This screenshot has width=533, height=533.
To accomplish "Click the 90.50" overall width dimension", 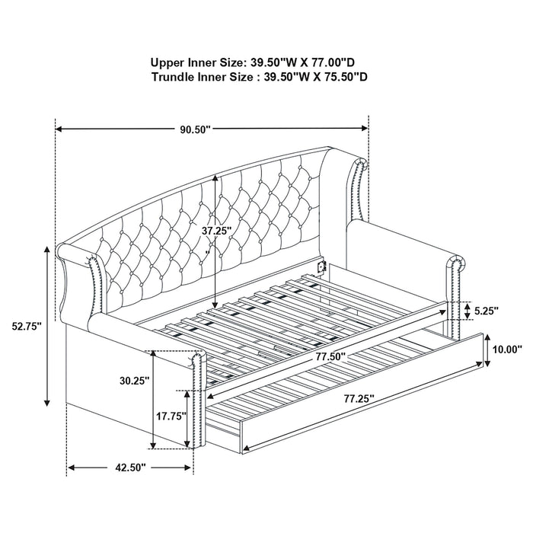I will [x=195, y=129].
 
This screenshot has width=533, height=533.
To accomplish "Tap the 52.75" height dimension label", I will [x=27, y=325].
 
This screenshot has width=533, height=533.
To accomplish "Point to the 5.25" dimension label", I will [x=485, y=311].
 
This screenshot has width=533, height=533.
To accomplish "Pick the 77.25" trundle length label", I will [x=359, y=398].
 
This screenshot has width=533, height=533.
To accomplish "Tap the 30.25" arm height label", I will [x=134, y=379].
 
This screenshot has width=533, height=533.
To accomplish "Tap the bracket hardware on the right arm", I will [x=321, y=266].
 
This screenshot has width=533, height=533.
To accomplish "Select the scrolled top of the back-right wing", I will [x=359, y=163].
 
